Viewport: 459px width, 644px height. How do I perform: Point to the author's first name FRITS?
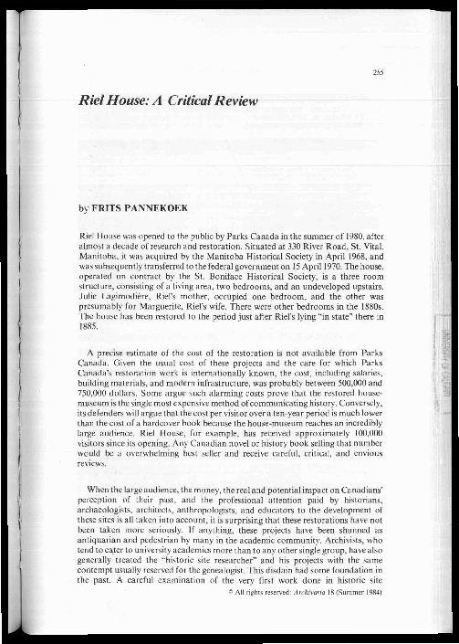pos(102,209)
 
